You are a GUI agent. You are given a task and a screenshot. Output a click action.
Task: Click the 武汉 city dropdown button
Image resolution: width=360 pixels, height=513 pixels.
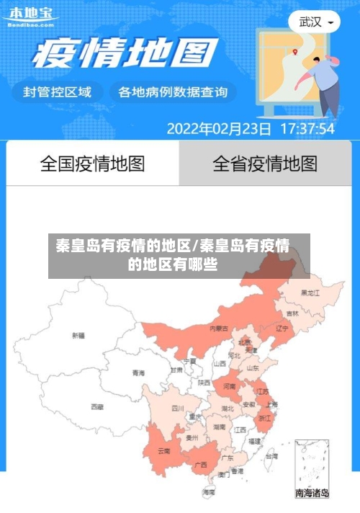pyautogui.click(x=315, y=22)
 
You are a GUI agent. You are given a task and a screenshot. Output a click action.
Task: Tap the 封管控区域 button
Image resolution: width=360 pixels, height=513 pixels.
pyautogui.click(x=58, y=92)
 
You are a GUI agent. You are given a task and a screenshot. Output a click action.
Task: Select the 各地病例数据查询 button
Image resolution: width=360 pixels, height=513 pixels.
pyautogui.click(x=172, y=92)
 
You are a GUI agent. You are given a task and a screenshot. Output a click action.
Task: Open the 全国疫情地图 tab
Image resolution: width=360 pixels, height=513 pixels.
pyautogui.click(x=92, y=164)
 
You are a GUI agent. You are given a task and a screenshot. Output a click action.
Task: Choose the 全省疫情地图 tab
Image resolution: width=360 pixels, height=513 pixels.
pyautogui.click(x=264, y=164)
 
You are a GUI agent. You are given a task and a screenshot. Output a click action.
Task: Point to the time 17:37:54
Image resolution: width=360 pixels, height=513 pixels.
pyautogui.click(x=307, y=129)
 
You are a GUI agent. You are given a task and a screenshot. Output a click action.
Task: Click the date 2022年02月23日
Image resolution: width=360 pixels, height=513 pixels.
pyautogui.click(x=219, y=129)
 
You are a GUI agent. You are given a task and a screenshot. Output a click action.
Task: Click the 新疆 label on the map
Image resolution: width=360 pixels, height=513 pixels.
pyautogui.click(x=78, y=335)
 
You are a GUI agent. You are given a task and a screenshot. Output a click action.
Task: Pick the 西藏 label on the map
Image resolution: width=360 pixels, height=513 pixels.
pyautogui.click(x=96, y=406)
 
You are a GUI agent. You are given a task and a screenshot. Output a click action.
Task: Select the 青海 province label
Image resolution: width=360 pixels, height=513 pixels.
pyautogui.click(x=138, y=373)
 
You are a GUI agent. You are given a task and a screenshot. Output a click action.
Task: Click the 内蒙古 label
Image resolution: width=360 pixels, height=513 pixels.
pyautogui.click(x=219, y=328)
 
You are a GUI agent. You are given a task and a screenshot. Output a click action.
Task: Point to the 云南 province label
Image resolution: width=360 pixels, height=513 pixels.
pyautogui.click(x=163, y=452)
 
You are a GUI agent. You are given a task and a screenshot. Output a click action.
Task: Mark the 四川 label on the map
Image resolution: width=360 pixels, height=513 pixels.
pyautogui.click(x=178, y=409)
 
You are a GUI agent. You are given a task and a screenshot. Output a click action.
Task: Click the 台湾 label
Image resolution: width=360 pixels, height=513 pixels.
pyautogui.click(x=271, y=456)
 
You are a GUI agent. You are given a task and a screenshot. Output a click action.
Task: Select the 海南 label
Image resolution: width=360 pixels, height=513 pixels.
pyautogui.click(x=209, y=491)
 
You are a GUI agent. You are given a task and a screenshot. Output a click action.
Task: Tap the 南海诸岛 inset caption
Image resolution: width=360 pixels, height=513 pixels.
pyautogui.click(x=312, y=494)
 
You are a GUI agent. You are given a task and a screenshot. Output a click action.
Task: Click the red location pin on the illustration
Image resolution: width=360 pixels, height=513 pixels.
pyautogui.click(x=295, y=51)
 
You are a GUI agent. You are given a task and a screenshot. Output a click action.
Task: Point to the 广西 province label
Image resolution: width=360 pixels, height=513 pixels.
pyautogui.click(x=201, y=464)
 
